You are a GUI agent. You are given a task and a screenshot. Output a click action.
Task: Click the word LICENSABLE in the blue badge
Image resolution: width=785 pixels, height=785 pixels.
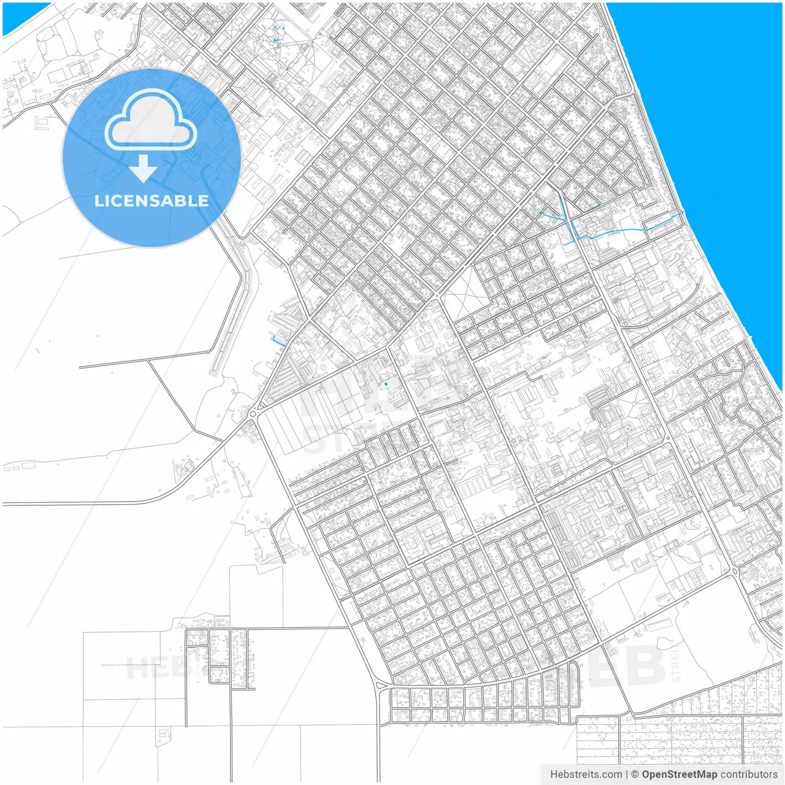[151, 201]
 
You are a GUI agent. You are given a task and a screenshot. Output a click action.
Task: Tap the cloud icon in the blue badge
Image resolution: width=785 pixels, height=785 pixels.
[151, 120]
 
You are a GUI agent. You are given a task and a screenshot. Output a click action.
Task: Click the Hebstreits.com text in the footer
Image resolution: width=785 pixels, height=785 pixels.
[586, 775]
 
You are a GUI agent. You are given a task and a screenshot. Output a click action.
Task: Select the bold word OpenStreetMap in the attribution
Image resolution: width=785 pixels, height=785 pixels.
[679, 775]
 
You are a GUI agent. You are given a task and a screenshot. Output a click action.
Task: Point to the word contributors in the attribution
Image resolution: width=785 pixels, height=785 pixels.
[748, 775]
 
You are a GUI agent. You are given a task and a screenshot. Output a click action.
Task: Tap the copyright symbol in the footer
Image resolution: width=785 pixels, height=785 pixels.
[635, 775]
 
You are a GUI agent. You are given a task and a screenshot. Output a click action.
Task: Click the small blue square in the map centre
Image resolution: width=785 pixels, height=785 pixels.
[386, 384]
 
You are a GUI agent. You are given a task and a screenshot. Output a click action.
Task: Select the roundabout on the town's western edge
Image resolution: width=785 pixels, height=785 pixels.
[253, 414]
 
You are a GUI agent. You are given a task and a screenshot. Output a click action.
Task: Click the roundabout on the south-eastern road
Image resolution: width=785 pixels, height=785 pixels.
[735, 572]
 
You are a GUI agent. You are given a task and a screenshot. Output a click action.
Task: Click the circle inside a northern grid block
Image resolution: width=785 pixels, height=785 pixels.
[419, 131]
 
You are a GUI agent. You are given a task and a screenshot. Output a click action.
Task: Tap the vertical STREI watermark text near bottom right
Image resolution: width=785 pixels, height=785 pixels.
[676, 662]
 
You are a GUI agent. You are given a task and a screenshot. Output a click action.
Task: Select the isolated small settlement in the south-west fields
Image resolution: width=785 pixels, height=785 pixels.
[219, 656]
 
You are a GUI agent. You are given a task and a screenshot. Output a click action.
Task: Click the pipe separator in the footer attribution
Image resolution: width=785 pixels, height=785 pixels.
[627, 775]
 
